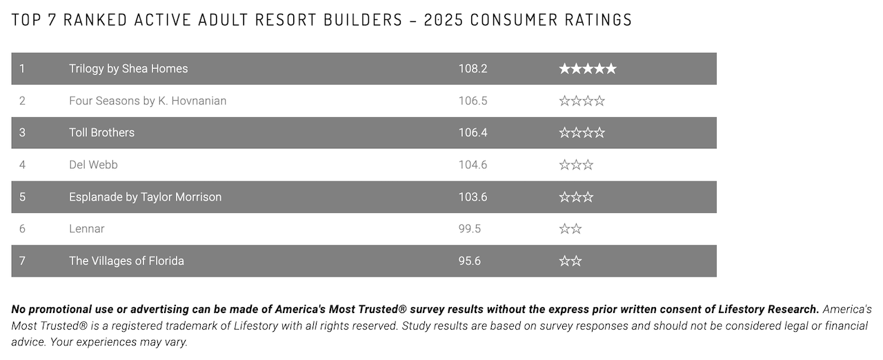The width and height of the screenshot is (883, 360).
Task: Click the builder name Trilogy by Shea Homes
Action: pyautogui.click(x=128, y=69)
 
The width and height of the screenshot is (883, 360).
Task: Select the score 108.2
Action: pyautogui.click(x=473, y=69)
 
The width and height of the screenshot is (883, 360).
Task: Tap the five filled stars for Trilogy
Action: pyautogui.click(x=587, y=69)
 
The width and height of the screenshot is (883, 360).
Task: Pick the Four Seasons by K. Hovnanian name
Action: pyautogui.click(x=148, y=101)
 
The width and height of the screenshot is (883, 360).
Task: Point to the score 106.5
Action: pyautogui.click(x=473, y=101)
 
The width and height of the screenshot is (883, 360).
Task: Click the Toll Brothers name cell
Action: pyautogui.click(x=101, y=132)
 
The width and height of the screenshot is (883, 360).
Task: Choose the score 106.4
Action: pyautogui.click(x=473, y=132)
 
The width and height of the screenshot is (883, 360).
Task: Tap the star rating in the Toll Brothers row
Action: pyautogui.click(x=582, y=132)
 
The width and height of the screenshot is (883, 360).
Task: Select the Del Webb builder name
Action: pyautogui.click(x=93, y=165)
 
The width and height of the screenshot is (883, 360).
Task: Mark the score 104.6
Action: pyautogui.click(x=473, y=165)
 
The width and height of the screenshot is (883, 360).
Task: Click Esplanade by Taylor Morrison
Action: pyautogui.click(x=145, y=197)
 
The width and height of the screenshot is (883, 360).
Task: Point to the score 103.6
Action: pyautogui.click(x=473, y=197)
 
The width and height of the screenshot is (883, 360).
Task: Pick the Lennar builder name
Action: pyautogui.click(x=87, y=229)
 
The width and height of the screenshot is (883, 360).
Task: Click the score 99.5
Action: pyautogui.click(x=470, y=229)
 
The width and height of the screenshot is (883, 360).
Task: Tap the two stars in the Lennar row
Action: pyautogui.click(x=571, y=229)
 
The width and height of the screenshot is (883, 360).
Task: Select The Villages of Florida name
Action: pyautogui.click(x=126, y=261)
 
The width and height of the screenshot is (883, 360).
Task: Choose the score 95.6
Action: pyautogui.click(x=470, y=261)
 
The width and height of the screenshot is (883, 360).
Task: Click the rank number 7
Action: pyautogui.click(x=22, y=261)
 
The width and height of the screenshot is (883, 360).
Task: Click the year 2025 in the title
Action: pyautogui.click(x=444, y=19)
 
